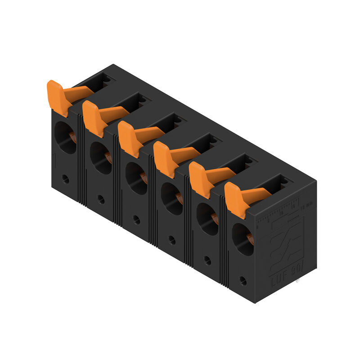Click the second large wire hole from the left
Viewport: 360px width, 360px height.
point(101,158)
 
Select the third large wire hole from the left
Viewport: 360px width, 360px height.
point(136,178)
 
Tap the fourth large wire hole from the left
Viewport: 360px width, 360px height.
point(172,199)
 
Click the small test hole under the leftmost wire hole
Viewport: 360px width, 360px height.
point(66,179)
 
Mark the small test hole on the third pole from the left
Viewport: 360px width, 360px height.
point(136,220)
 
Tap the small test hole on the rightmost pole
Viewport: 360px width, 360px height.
point(243,281)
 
